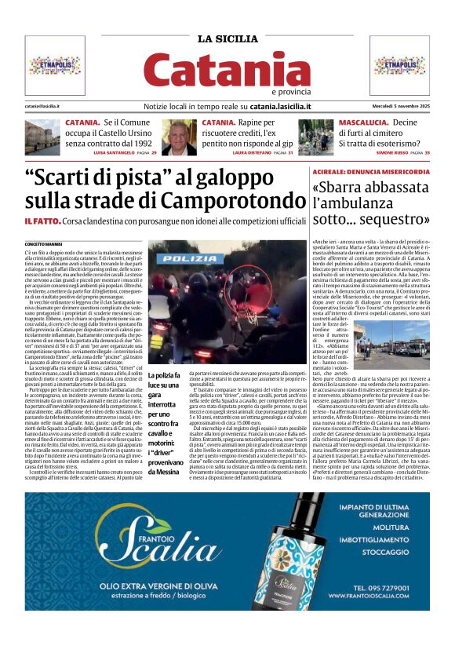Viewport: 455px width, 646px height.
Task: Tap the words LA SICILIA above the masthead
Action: coord(227,39)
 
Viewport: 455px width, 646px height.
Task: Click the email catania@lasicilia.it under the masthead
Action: coord(44,105)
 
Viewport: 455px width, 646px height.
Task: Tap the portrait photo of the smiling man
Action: coord(179,137)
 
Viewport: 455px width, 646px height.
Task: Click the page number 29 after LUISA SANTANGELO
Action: coord(153,153)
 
